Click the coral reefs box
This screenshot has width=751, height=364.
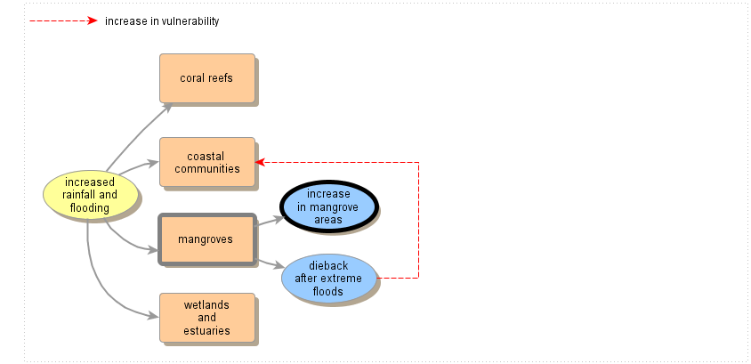pyautogui.click(x=206, y=78)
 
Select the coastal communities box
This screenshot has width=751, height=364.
pyautogui.click(x=206, y=162)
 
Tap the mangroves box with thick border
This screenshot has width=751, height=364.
pyautogui.click(x=206, y=239)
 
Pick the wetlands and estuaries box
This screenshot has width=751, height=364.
pyautogui.click(x=206, y=318)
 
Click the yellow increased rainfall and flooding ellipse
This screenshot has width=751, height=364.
pyautogui.click(x=90, y=195)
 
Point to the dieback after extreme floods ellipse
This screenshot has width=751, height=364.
pyautogui.click(x=328, y=279)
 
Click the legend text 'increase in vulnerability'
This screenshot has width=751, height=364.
pyautogui.click(x=161, y=21)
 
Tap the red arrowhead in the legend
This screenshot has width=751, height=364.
pyautogui.click(x=92, y=20)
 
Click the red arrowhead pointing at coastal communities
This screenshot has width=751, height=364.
pyautogui.click(x=260, y=162)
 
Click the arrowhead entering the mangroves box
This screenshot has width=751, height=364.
pyautogui.click(x=154, y=249)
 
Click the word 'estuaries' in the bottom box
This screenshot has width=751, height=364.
pyautogui.click(x=206, y=330)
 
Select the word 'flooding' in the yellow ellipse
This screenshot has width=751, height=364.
pyautogui.click(x=89, y=208)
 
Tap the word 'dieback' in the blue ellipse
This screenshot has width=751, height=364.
pyautogui.click(x=327, y=265)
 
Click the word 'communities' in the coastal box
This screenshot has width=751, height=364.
pyautogui.click(x=206, y=169)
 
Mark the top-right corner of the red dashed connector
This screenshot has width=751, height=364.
pyautogui.click(x=418, y=162)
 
